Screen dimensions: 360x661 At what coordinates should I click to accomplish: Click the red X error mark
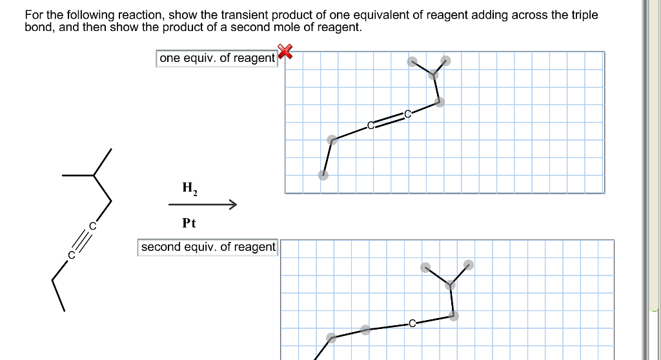(284, 51)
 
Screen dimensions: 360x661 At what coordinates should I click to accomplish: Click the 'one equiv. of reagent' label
(217, 58)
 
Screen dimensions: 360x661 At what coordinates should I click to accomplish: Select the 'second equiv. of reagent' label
(208, 247)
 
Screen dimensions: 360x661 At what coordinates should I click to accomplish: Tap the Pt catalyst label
(188, 223)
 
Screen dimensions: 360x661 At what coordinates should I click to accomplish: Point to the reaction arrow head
(233, 205)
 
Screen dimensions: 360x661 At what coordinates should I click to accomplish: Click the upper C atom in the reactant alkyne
(92, 226)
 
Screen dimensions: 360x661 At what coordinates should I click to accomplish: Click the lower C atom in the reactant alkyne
(72, 255)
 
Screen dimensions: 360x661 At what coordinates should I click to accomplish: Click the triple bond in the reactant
(82, 241)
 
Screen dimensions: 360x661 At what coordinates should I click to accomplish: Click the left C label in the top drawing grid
(371, 125)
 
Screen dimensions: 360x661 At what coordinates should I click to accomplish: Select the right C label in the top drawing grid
(407, 114)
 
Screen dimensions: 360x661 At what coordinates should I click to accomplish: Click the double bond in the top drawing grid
(389, 120)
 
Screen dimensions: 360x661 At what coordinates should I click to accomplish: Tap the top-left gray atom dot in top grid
(412, 62)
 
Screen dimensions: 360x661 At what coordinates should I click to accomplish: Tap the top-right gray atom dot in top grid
(445, 61)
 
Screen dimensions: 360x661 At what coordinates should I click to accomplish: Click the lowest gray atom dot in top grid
(323, 175)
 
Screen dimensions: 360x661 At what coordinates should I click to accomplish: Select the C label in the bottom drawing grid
(412, 323)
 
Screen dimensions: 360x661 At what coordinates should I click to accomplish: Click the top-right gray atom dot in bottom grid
(469, 264)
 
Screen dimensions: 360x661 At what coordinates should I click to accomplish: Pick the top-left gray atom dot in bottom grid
(425, 267)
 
